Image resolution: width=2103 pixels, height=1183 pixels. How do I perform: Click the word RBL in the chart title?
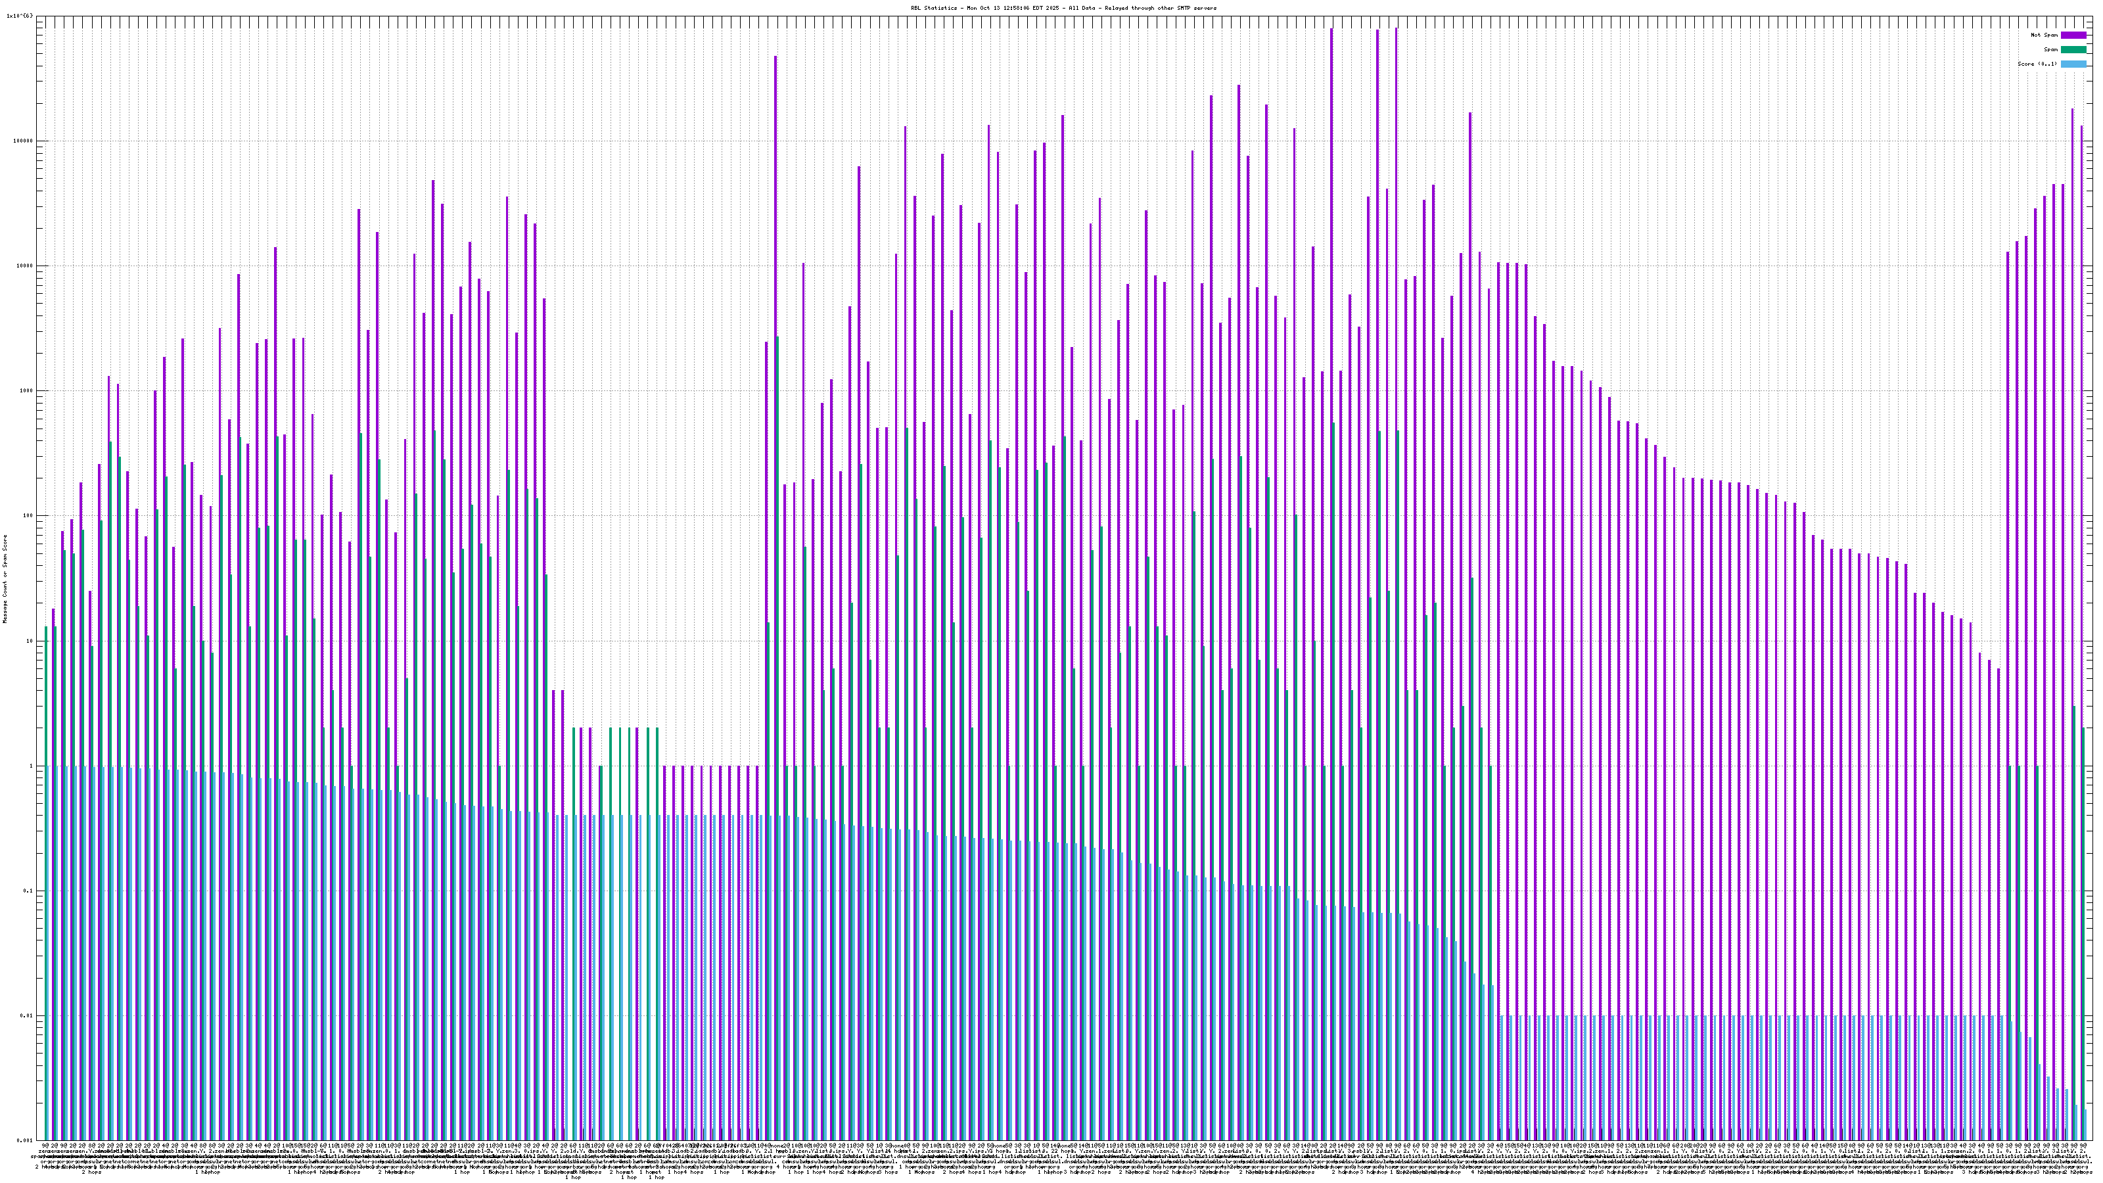coord(916,8)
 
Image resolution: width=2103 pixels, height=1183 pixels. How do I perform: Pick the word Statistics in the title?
coord(940,8)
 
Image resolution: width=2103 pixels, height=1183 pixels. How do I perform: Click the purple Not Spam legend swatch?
coord(2073,35)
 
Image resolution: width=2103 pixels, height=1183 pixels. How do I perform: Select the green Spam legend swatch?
coord(2073,50)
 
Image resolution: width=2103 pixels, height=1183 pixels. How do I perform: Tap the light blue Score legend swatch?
coord(2073,64)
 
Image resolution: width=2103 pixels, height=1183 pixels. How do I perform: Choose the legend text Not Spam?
coord(2045,35)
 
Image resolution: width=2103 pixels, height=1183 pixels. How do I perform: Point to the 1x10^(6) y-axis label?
coord(20,16)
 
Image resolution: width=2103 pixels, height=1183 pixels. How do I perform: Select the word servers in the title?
coord(1203,8)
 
